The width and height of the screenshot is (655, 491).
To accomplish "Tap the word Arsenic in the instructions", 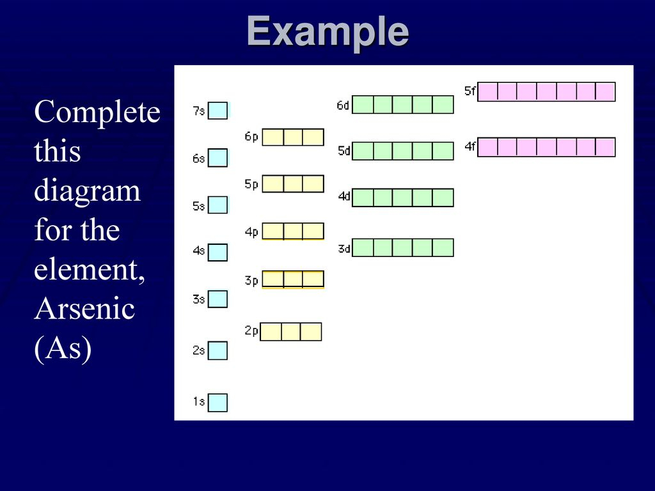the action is (x=84, y=309).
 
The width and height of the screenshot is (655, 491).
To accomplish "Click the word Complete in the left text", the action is (x=97, y=113).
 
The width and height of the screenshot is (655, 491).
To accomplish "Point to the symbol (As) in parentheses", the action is (x=63, y=348).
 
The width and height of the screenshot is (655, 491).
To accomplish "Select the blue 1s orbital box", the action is (x=217, y=403).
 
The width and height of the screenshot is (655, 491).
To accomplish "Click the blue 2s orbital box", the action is (x=217, y=350).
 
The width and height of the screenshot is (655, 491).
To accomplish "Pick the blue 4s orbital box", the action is (x=217, y=252).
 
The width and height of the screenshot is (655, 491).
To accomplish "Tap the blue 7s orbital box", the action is (x=217, y=111).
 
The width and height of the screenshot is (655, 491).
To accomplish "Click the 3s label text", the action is (x=198, y=299).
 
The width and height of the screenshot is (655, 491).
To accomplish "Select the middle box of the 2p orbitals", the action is (x=291, y=332).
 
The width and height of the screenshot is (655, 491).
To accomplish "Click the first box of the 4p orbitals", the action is (x=272, y=231).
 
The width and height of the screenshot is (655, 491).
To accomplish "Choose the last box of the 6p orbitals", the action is (x=313, y=137).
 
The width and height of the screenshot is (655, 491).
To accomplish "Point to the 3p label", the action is (x=251, y=280).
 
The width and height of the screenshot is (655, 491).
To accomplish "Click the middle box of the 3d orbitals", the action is (x=403, y=247).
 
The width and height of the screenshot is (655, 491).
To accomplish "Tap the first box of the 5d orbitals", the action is (x=363, y=151).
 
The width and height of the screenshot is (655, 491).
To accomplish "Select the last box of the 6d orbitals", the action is (x=443, y=104).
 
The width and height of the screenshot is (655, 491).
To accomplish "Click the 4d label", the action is (x=344, y=196).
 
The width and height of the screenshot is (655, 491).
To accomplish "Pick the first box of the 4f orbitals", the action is (x=487, y=148).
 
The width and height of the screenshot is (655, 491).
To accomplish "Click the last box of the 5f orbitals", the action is (x=605, y=92).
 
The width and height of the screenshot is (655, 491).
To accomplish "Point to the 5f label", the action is (x=470, y=91).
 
